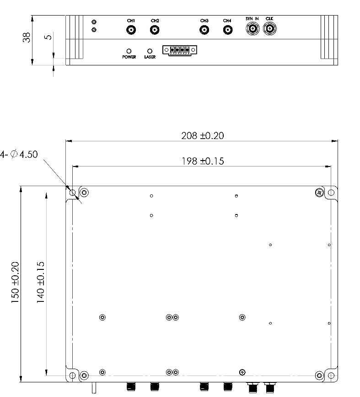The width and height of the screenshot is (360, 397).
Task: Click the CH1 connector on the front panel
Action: coord(131,30)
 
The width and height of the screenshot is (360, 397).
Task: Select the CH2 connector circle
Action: coord(155,30)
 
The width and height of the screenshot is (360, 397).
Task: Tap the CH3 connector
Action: coord(204,30)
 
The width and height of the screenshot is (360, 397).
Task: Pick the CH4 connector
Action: coord(227,30)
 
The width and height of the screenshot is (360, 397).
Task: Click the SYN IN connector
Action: coord(252,29)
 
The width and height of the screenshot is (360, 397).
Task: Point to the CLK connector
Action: coord(269,29)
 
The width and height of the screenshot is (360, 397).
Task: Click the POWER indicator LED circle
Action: coord(129,51)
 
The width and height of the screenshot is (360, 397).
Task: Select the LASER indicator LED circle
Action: coord(150,51)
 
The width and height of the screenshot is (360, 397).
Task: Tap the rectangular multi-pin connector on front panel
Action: coord(179,50)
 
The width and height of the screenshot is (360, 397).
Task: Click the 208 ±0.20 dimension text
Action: coord(203,136)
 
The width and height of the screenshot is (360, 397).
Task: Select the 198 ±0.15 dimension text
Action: coord(203,161)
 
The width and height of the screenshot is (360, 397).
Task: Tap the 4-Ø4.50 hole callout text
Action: coord(19,155)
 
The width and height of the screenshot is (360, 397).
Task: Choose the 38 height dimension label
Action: coord(27,38)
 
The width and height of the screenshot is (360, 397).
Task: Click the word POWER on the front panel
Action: coord(129,58)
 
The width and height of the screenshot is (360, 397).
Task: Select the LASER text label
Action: coord(150,58)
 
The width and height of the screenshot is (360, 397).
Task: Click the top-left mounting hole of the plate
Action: coord(72,193)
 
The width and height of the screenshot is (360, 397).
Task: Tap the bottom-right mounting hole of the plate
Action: coord(331,376)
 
